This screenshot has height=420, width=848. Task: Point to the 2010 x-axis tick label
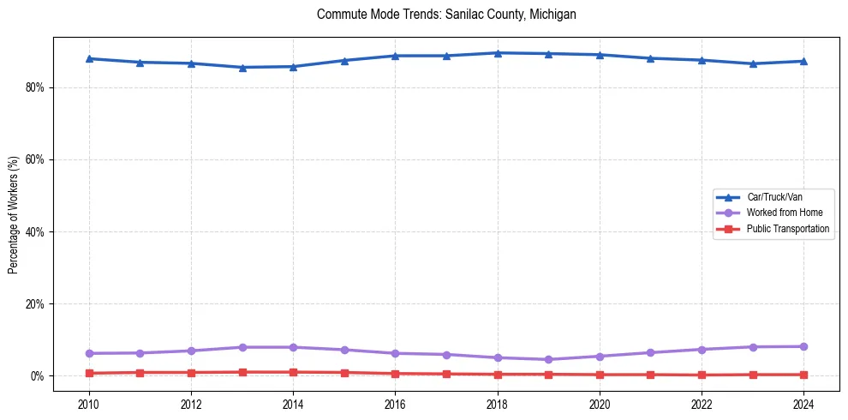coord(88,404)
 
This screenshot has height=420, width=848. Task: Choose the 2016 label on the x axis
coord(395,404)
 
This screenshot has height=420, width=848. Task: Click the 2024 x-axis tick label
coord(803,404)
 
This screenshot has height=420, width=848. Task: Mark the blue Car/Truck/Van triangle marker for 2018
coord(498,53)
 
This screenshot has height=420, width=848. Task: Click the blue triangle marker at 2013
coord(242,67)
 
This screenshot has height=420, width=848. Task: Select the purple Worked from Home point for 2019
coord(548,359)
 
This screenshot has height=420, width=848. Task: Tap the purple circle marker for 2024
coord(803,346)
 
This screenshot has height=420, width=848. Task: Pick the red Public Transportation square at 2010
coord(88,373)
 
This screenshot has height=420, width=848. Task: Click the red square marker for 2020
coord(600,375)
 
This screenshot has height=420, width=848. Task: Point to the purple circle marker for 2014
coord(293,347)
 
